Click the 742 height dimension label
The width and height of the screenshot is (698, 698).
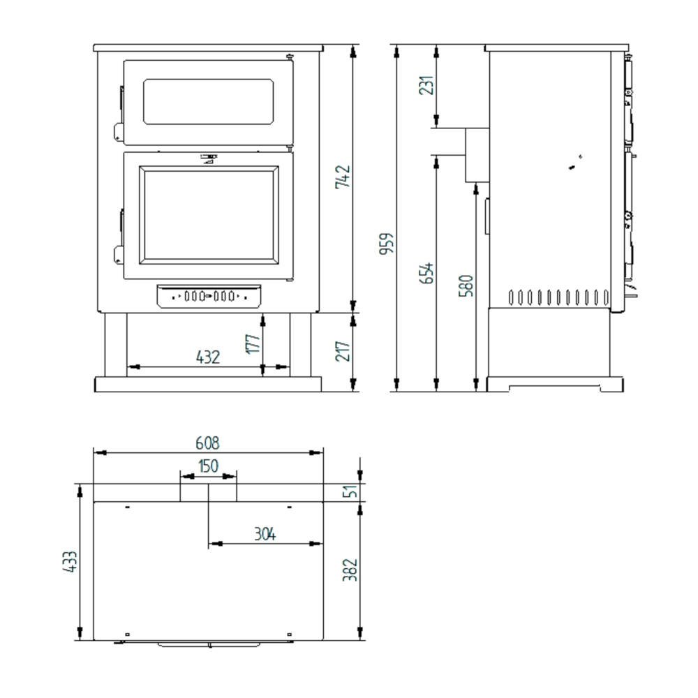343,177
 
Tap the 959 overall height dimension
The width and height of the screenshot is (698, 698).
387,244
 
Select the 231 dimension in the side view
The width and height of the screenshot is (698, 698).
426,85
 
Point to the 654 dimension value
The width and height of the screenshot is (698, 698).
426,273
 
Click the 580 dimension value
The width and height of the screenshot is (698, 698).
466,285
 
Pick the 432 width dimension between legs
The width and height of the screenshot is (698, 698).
208,357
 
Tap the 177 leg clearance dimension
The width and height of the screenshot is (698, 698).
253,343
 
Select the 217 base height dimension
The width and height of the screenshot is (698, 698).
343,351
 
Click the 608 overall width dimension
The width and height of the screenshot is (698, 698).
207,443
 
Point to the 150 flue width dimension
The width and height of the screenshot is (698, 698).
208,466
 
